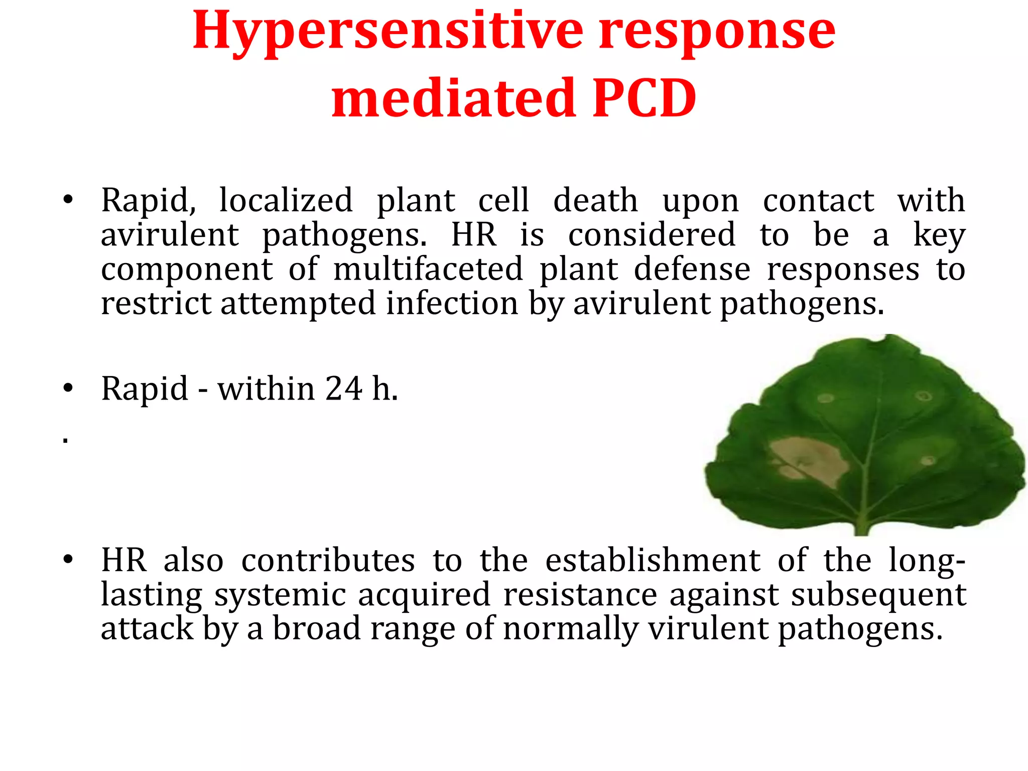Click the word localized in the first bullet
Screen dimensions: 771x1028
pos(286,200)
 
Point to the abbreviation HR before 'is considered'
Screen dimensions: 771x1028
pos(474,234)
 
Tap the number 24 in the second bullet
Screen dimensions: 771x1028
pos(344,389)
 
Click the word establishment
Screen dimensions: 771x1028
pos(653,560)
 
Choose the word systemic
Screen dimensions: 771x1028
pos(280,595)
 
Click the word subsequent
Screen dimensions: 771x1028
pos(878,595)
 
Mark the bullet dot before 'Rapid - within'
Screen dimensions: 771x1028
pos(68,389)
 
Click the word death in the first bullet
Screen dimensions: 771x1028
pos(595,200)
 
